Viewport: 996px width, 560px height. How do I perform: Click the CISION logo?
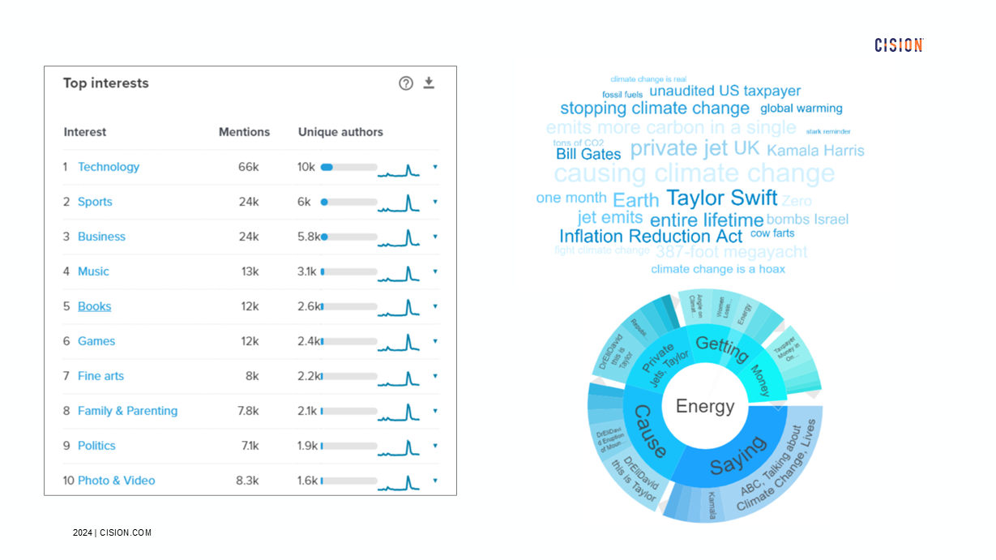click(899, 45)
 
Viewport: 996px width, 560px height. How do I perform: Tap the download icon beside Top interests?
click(429, 83)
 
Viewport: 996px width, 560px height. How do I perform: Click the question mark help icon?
click(406, 83)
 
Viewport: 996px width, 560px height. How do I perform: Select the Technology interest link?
click(109, 167)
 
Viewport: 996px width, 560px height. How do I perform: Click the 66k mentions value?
click(248, 167)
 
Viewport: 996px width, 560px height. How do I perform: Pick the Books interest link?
click(94, 306)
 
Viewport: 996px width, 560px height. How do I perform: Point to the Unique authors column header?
click(340, 132)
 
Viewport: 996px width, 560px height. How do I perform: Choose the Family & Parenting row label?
click(127, 411)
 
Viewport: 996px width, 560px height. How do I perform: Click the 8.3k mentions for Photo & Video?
click(247, 481)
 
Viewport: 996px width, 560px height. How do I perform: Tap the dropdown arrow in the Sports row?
click(435, 202)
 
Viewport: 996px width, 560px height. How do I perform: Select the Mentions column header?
click(244, 132)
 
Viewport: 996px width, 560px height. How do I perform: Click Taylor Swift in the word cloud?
click(721, 198)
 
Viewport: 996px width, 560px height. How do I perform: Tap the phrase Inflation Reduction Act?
click(650, 237)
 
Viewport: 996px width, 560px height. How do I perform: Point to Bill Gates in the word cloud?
click(588, 154)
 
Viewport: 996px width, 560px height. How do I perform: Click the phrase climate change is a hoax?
click(717, 269)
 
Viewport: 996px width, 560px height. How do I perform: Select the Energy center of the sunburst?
click(705, 407)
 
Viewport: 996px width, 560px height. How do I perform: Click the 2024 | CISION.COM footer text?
click(112, 532)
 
